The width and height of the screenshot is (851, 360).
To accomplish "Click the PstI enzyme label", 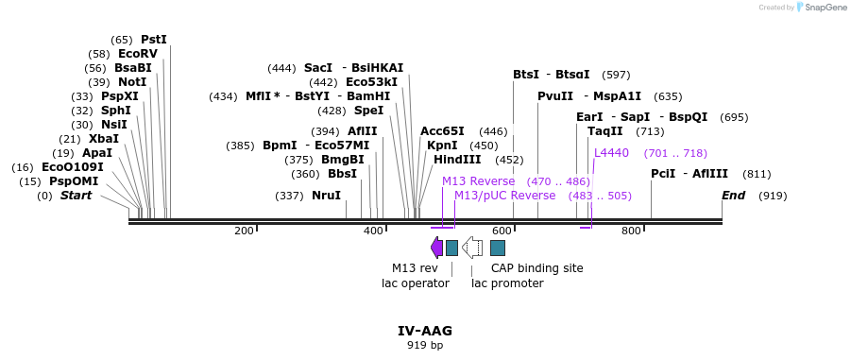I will pos(153,40).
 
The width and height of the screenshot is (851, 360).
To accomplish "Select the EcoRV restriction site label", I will pos(138,54).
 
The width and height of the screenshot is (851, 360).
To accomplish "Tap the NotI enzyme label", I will pos(131,82).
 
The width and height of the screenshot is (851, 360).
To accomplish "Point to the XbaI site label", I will pos(104,139).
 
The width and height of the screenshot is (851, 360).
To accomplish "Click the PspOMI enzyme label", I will pos(74,181).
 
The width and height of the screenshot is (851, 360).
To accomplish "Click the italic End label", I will pos(733,196).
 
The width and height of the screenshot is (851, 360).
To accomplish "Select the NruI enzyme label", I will pos(326,196).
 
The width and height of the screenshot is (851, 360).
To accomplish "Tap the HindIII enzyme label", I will pos(457,160).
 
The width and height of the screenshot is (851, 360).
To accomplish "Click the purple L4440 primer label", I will pos(611,153).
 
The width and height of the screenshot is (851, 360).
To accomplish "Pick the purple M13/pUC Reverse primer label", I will pos(504,196).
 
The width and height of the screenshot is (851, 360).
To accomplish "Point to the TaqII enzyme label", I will pos(604,131).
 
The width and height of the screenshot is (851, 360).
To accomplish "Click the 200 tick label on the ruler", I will pos(244,231).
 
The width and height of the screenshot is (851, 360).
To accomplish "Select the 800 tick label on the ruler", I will pos(631,231).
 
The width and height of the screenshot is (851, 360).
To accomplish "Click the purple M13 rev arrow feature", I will pos(436,248).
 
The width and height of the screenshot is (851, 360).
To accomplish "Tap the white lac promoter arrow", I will pos(472,248).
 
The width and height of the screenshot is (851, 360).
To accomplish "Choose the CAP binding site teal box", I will pos(498,248).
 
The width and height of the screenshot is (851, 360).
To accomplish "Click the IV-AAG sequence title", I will pos(425,331).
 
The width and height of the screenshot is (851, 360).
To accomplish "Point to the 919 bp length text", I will pos(425,346).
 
